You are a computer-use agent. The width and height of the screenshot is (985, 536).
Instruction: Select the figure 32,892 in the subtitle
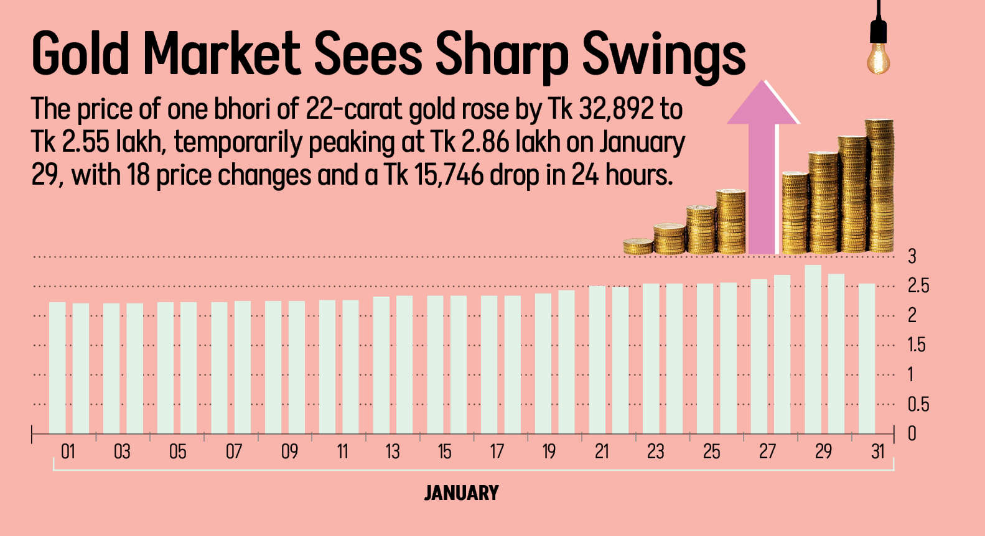coord(616,109)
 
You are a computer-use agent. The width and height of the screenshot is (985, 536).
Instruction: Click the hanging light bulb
coord(878,59)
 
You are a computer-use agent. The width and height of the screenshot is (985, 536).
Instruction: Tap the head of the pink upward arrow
coord(763,103)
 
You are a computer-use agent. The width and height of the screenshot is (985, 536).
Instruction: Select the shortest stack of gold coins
coord(638,246)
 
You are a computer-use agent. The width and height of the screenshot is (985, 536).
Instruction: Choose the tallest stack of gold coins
coord(879,187)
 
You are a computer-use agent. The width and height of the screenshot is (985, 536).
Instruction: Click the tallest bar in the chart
coord(813,349)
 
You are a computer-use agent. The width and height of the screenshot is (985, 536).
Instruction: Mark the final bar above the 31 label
coord(867,358)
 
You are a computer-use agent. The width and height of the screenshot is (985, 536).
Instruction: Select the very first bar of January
coord(57,367)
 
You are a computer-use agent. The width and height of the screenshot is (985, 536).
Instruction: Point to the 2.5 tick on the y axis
coord(918,286)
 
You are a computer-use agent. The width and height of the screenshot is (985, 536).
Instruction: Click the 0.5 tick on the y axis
coord(918,405)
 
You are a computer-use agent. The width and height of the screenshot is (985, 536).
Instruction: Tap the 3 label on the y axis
coord(912,256)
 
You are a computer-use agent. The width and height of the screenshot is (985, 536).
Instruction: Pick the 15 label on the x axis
coord(444,451)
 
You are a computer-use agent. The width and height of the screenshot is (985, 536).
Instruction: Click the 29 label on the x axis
coord(823,451)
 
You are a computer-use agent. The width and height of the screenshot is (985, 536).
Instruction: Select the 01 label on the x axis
coord(68,451)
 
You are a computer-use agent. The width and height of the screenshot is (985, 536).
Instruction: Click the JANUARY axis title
coord(461,493)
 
